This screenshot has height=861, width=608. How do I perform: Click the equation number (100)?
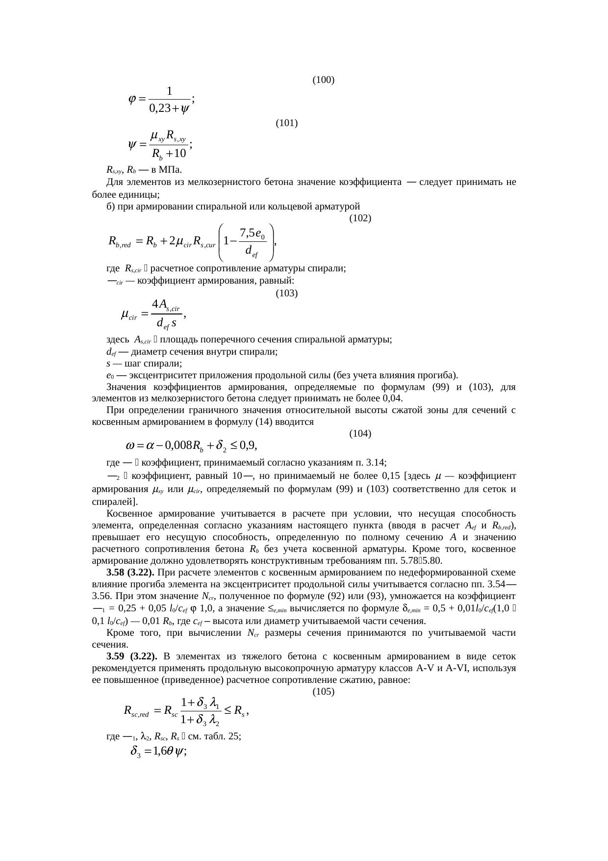[x=323, y=79]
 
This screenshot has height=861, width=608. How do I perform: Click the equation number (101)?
[x=287, y=123]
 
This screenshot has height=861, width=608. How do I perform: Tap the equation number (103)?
[x=287, y=293]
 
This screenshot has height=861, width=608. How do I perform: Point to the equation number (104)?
[x=360, y=434]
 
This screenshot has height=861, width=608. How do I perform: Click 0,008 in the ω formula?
[x=178, y=446]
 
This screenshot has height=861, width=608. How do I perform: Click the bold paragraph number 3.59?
[x=115, y=656]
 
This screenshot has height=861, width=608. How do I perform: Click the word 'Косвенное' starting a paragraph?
[x=130, y=514]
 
